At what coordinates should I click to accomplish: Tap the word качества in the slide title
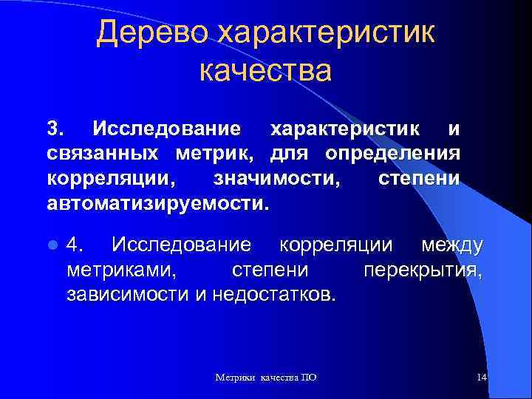point(265,71)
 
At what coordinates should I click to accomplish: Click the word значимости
point(276,178)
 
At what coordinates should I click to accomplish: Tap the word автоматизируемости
point(157,202)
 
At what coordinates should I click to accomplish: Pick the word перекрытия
point(422,270)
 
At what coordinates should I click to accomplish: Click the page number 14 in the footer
point(482,378)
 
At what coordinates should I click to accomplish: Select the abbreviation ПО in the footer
point(309,378)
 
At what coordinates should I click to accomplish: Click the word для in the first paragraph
point(289,154)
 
